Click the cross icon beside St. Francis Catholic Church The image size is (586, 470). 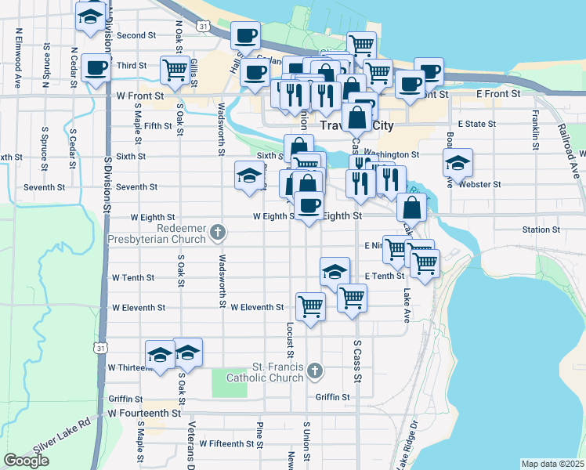point(314,370)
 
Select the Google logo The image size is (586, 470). point(27,461)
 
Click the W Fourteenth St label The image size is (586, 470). point(144,413)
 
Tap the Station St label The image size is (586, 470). point(541,230)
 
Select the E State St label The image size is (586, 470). point(476,124)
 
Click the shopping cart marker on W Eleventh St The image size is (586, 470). point(311,306)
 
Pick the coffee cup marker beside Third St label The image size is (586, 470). point(96,68)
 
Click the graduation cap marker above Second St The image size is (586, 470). point(91,15)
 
